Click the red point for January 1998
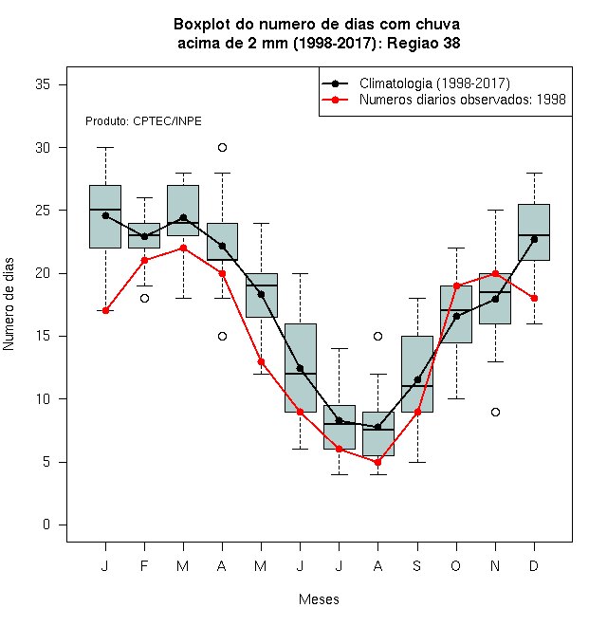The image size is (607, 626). coord(105,310)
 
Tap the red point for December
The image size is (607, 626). coord(534,298)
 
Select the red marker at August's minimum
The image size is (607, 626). coord(377,462)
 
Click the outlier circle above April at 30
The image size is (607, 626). coord(223,148)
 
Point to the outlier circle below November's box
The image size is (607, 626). coord(496,412)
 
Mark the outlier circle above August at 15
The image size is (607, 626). coord(377,336)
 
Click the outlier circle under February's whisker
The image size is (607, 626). coord(144,298)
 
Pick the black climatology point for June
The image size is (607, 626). coord(301,369)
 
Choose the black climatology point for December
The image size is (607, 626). coord(534,240)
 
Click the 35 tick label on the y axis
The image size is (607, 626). coord(43,84)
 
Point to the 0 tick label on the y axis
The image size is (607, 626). coord(46,525)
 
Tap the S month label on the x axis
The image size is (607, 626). coord(417,565)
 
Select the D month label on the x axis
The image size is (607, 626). coord(534,565)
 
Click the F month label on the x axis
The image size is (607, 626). coord(144,565)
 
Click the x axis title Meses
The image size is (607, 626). coord(319,599)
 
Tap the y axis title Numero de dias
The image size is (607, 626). coord(9,304)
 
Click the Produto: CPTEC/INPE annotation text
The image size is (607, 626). coord(143,121)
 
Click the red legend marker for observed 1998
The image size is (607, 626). coord(336,100)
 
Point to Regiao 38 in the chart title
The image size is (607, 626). coord(424,43)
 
